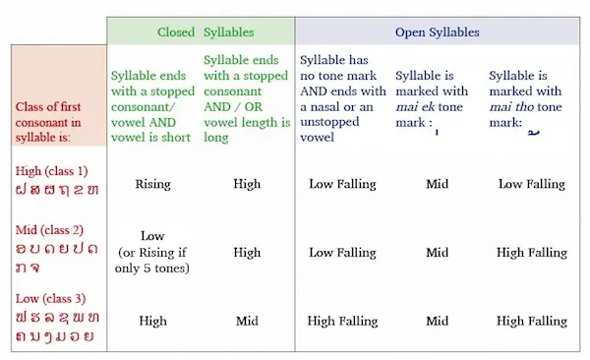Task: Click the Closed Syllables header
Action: click(x=206, y=32)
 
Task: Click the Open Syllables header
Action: click(x=438, y=32)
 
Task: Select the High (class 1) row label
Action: click(x=51, y=171)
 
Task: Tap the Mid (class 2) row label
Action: click(x=49, y=230)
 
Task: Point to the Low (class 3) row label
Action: click(x=50, y=299)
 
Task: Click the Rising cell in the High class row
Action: click(x=152, y=184)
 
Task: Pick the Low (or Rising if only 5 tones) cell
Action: click(x=152, y=252)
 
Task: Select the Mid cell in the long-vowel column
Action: click(x=247, y=321)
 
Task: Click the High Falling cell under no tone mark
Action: click(x=342, y=321)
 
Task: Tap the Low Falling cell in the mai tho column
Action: click(x=532, y=184)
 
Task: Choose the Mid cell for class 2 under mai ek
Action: click(x=438, y=253)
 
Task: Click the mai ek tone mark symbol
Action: click(x=437, y=132)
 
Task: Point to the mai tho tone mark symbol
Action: click(x=534, y=132)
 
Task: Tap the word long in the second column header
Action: click(x=216, y=138)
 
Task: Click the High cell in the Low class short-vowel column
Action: click(x=152, y=321)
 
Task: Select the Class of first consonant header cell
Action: click(x=59, y=95)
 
